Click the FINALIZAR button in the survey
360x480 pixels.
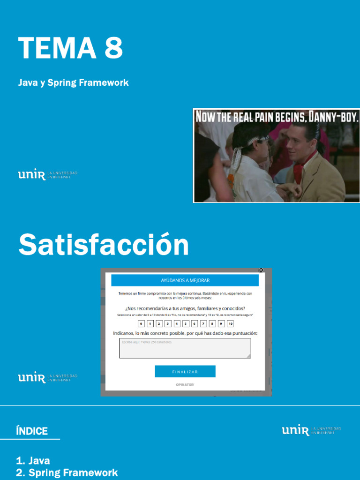pos(185,372)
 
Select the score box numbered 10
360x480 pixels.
pos(230,323)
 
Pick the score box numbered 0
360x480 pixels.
pos(141,323)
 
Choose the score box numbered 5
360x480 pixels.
pos(186,323)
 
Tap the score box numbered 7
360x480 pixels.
pos(203,323)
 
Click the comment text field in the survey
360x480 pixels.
pos(185,348)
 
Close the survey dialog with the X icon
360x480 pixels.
pos(261,270)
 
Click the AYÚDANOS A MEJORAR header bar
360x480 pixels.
pos(185,280)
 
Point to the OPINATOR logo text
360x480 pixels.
pos(185,385)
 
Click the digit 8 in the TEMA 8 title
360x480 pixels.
pos(114,48)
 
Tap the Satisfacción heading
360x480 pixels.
pos(104,245)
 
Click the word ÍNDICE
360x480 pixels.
pos(32,431)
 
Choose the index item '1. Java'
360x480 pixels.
pos(33,461)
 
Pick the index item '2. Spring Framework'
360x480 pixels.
pos(67,472)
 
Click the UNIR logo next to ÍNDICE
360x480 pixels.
pos(295,430)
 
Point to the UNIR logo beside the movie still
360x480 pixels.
pos(32,175)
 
